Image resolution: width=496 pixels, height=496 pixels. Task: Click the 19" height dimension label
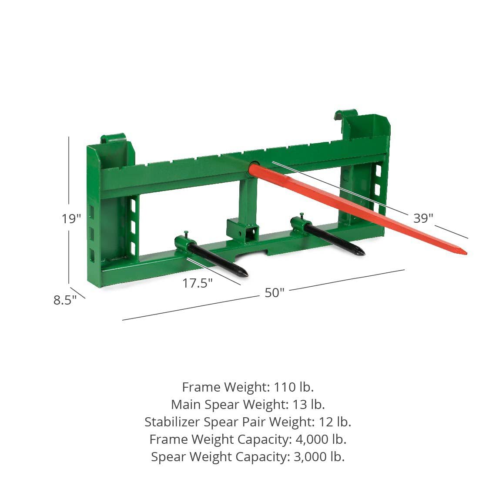pos(71,218)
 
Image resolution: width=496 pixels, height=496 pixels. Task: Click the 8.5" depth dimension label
pos(65,300)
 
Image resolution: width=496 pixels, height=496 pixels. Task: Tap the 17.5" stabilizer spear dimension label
pos(197,283)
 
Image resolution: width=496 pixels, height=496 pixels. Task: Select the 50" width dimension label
pos(274,293)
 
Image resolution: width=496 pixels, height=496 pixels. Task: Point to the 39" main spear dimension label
pos(423,218)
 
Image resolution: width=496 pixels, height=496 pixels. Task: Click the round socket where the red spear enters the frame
pos(254,168)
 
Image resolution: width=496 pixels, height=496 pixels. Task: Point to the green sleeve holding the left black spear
pos(183,244)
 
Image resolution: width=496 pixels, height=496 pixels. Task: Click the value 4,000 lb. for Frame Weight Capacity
pos(321,439)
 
